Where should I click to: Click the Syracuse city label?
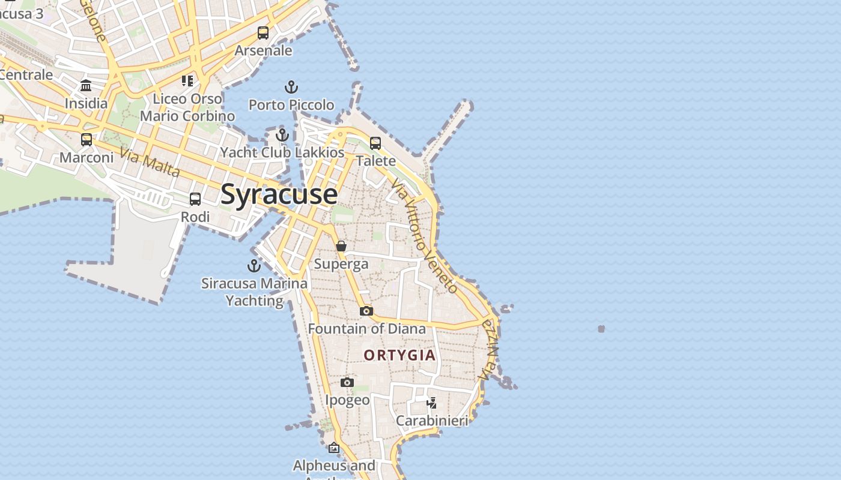tap(279, 194)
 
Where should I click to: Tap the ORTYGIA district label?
tap(399, 355)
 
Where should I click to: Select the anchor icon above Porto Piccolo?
tap(291, 88)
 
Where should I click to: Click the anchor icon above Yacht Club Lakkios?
tap(282, 134)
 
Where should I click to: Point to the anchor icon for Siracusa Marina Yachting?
tap(254, 265)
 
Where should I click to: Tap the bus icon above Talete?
tap(375, 143)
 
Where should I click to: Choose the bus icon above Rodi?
tap(195, 199)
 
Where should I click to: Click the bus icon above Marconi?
tap(87, 140)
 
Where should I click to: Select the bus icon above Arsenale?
tap(263, 33)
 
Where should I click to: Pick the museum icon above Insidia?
tap(86, 85)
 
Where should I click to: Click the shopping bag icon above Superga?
tap(341, 246)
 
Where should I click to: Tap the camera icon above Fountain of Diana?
tap(366, 311)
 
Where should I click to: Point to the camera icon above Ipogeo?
tap(347, 382)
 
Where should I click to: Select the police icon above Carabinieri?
tap(431, 403)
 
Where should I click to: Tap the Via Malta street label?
tap(150, 162)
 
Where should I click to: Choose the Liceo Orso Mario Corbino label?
tap(187, 107)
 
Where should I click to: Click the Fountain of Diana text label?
tap(366, 329)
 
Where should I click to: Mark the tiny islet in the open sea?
tap(601, 329)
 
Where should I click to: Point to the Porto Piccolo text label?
tap(291, 105)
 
